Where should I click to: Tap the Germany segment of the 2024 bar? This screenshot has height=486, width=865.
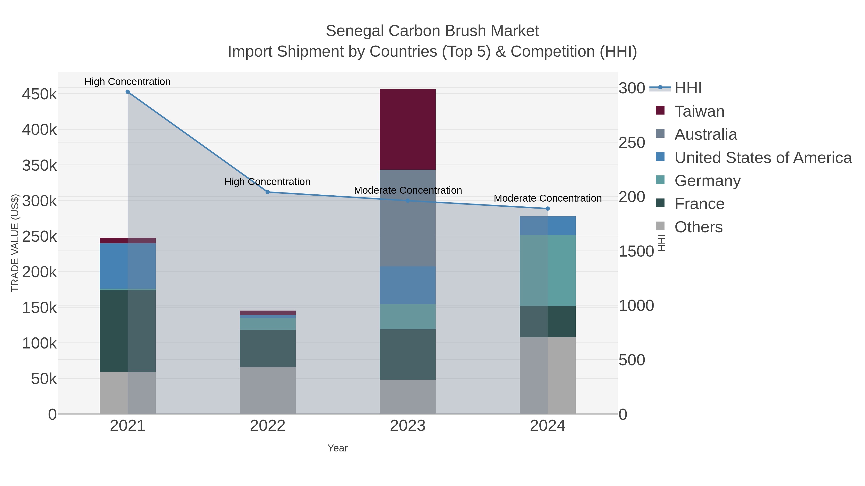coord(547,270)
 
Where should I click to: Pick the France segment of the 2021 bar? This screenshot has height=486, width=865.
coord(128,331)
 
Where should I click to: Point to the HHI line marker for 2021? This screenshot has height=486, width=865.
coord(128,92)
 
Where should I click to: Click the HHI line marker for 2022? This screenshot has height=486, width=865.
coord(268,192)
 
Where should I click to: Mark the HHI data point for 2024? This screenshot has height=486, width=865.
coord(548,209)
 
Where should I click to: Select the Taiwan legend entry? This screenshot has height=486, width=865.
coord(699,111)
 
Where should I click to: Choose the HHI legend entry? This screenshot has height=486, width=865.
coord(688,88)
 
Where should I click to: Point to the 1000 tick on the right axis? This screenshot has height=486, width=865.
coord(636,306)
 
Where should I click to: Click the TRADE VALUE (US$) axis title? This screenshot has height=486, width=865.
coord(15,243)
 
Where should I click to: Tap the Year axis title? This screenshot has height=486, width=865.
coord(338,448)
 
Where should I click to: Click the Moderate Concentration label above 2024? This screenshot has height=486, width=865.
coord(547,198)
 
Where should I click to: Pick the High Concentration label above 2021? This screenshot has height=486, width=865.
coord(127,82)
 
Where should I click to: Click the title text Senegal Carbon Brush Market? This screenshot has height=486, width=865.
coord(432,31)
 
